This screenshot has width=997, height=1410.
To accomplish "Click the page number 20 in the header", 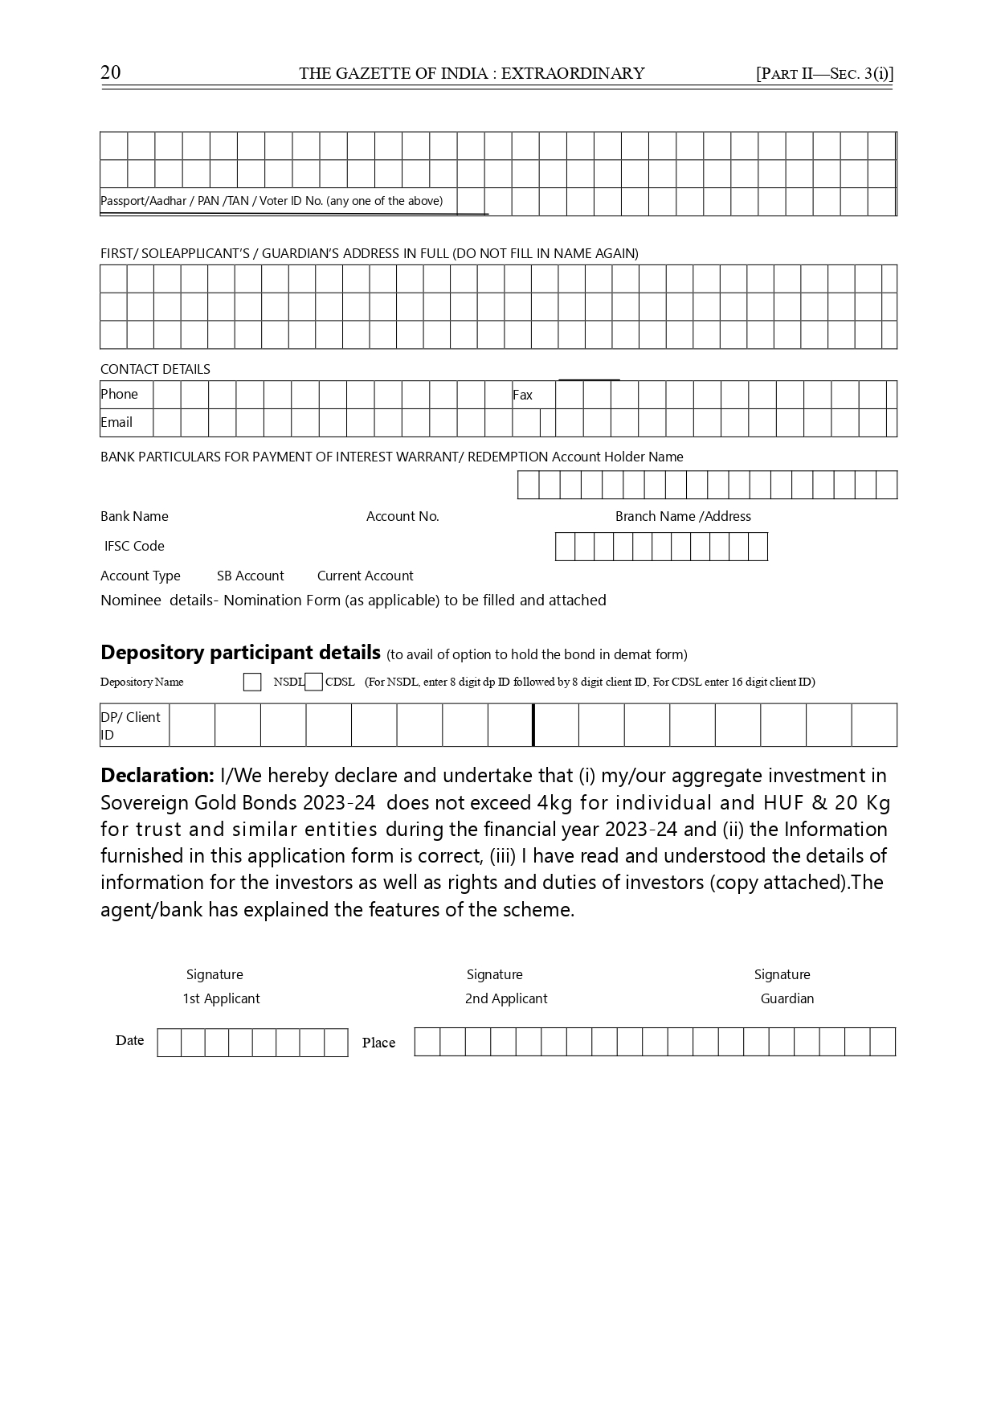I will pos(111,72).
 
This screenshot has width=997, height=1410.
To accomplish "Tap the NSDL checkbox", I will pos(252,682).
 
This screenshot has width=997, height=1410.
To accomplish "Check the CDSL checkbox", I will pos(314,682).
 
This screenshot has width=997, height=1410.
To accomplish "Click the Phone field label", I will pos(119,394).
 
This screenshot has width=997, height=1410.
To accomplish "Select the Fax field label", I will pos(522,395).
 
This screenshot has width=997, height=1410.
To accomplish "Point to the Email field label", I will pos(116,422).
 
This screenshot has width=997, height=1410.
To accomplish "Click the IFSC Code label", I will pos(134,546).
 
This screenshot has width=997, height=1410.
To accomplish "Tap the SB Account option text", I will pos(250,576).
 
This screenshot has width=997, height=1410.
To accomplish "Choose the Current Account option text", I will pos(365,576).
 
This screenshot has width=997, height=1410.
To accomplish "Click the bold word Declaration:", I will pos(157,776).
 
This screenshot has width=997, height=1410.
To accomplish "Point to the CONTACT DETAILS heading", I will pos(155,369).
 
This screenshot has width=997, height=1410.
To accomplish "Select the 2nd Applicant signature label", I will pos(506,998).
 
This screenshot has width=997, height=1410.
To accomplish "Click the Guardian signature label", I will pos(787,998).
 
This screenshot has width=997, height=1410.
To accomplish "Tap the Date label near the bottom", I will pos(129,1040).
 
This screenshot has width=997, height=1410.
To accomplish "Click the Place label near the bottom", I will pos(378,1043).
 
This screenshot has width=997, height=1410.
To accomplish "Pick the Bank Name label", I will pos(134,516).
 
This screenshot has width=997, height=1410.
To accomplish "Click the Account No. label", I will pos(402,516).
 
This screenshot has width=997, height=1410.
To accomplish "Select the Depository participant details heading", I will pos(240,652).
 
